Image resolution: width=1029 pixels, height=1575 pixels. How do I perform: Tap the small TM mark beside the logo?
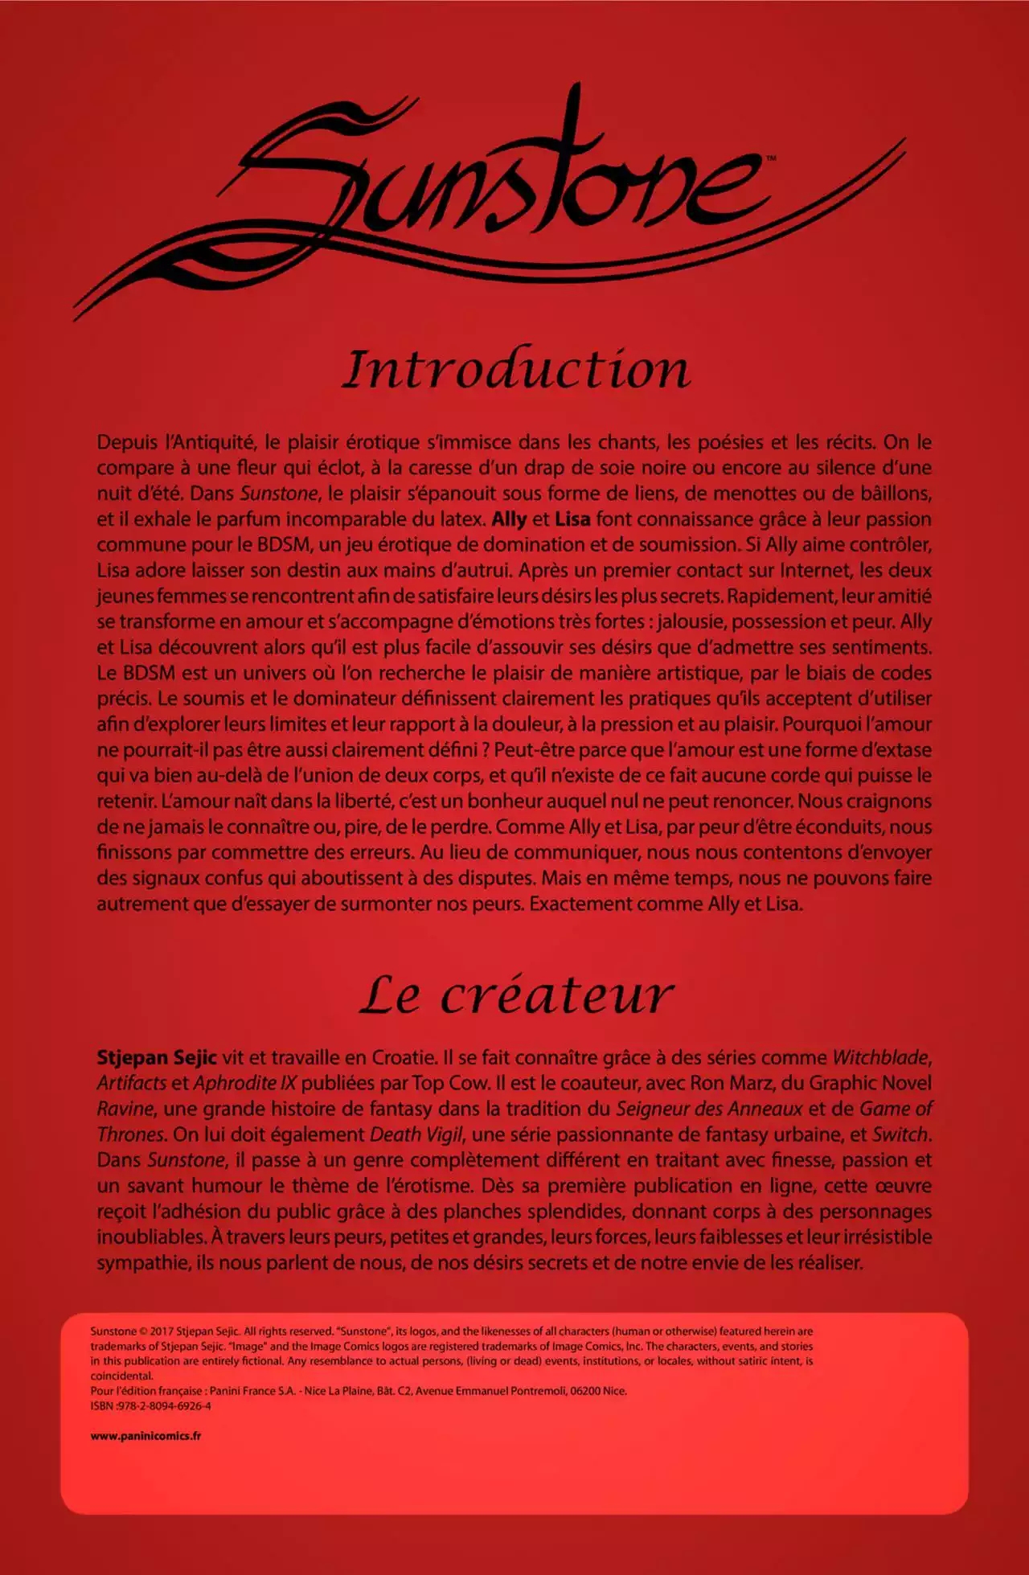click(770, 159)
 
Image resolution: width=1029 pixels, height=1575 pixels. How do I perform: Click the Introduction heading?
click(516, 370)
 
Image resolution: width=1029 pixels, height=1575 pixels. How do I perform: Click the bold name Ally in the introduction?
click(509, 519)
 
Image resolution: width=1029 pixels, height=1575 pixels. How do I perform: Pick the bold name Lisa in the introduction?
click(572, 519)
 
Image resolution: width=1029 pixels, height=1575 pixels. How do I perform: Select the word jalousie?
click(691, 622)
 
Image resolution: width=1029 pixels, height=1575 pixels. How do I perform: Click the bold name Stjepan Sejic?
click(157, 1058)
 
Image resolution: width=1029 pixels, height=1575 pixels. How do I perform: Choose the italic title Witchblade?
click(881, 1058)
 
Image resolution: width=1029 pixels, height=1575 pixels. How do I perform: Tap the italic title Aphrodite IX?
click(245, 1084)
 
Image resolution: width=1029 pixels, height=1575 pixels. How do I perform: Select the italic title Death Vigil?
click(416, 1135)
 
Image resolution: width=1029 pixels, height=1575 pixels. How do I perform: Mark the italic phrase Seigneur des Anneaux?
click(709, 1109)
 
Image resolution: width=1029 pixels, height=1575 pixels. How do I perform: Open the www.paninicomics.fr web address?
click(146, 1436)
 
